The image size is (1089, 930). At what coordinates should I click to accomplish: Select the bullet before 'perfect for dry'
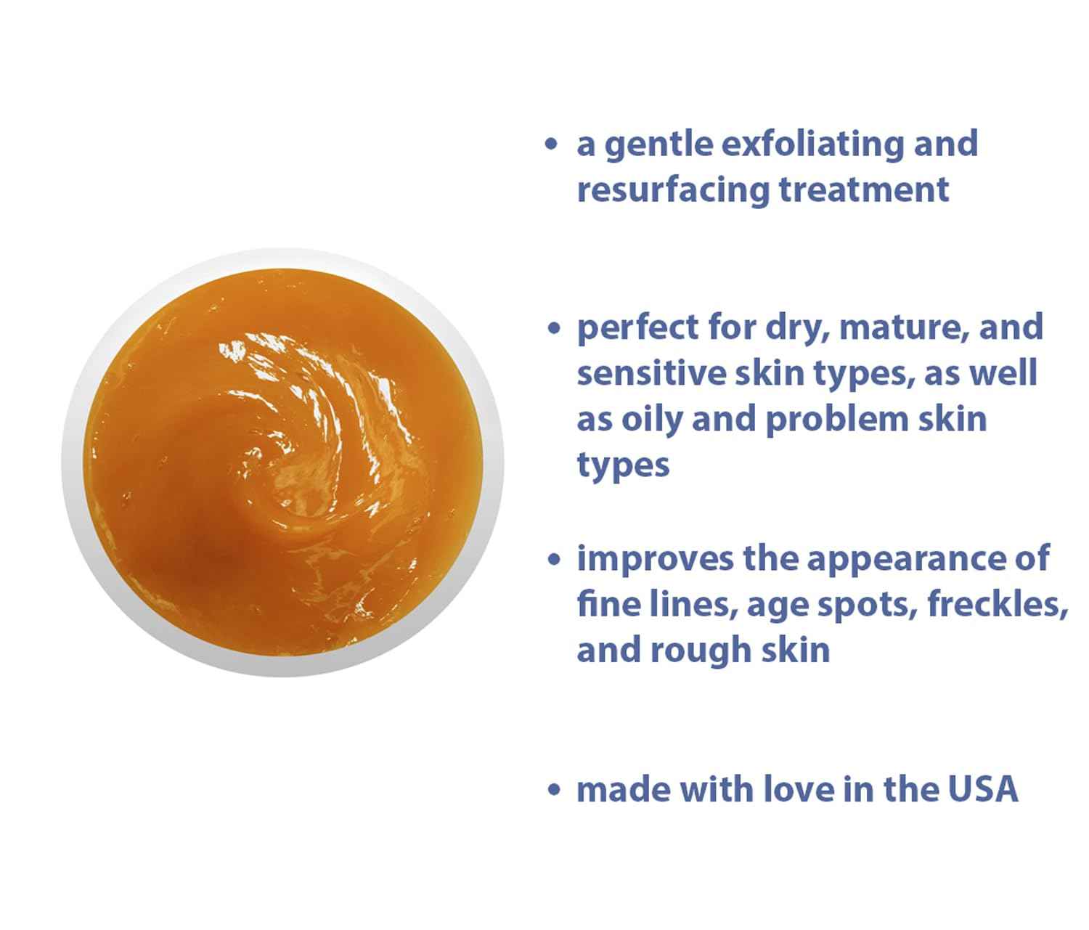555,328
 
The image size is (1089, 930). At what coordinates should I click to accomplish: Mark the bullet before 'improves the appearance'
555,560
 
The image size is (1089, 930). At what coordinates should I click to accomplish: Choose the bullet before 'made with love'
555,790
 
